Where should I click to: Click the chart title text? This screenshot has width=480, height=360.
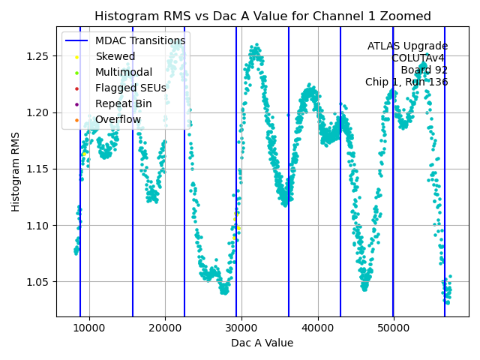(262, 16)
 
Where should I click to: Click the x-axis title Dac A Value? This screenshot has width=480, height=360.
(262, 343)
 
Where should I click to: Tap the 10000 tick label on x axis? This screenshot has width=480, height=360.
(89, 328)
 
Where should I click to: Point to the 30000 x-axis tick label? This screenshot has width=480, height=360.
(241, 328)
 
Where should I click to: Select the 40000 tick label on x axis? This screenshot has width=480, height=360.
(318, 328)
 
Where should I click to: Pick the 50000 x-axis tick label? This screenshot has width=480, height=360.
(394, 328)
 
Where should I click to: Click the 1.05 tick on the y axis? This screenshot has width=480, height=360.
(39, 282)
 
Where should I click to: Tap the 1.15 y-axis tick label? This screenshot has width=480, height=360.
(39, 169)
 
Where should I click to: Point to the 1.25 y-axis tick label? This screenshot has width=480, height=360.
(39, 56)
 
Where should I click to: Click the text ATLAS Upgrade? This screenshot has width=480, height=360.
(407, 46)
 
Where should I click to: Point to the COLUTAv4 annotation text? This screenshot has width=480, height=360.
(419, 58)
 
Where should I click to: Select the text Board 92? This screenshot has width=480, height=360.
(424, 70)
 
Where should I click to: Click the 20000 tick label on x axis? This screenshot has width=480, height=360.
(166, 328)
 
